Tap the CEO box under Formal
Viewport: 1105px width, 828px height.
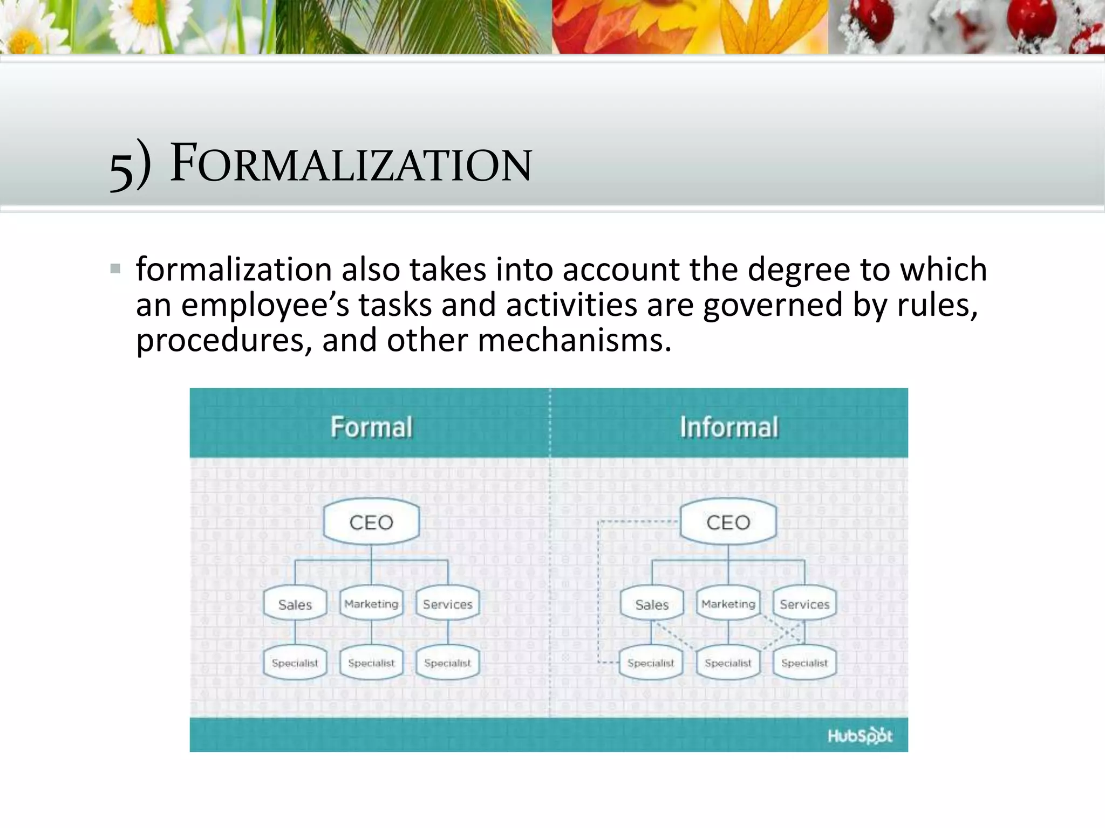coord(371,522)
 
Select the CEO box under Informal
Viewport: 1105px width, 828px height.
coord(728,522)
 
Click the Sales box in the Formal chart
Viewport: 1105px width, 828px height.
coord(295,604)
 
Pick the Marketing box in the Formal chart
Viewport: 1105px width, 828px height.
coord(371,604)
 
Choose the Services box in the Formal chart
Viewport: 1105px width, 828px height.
coord(448,604)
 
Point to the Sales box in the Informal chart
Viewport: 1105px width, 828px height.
coord(652,604)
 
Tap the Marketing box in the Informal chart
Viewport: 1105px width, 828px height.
coord(728,604)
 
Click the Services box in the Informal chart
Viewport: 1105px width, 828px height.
coord(804,604)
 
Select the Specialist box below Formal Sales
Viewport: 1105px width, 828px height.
coord(295,663)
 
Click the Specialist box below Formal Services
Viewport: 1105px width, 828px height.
coord(448,663)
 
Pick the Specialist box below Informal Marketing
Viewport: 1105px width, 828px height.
coord(728,663)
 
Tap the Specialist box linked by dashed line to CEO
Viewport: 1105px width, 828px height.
coord(651,663)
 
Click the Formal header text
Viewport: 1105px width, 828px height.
coord(371,427)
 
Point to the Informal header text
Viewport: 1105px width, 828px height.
coord(729,427)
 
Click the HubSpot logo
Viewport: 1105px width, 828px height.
coord(860,736)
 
